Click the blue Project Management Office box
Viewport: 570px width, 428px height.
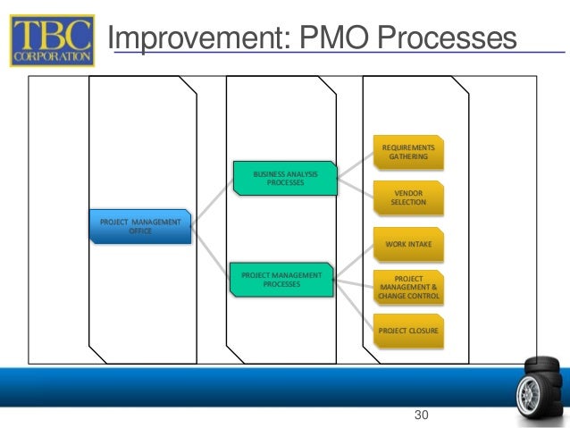point(139,226)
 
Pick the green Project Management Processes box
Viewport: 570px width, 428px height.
point(281,280)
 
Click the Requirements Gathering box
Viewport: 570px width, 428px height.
point(408,151)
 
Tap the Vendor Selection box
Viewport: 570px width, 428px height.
point(408,197)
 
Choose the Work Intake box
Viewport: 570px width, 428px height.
point(408,243)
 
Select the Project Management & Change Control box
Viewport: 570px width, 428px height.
point(408,286)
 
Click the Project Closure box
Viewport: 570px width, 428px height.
point(408,330)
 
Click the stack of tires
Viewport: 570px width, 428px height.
point(542,380)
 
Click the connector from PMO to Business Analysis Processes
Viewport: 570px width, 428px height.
point(212,202)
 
